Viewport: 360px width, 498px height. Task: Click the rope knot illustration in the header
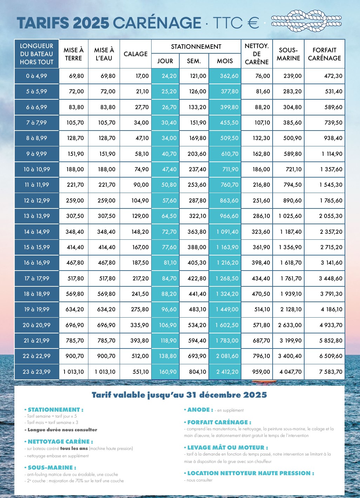click(306, 21)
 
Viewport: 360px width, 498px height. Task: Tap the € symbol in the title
click(252, 23)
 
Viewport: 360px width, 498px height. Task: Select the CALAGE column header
click(135, 54)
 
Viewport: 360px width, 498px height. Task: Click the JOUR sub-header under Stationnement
click(165, 61)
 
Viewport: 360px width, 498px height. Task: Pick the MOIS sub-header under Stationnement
click(225, 61)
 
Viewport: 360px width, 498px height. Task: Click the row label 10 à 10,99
click(37, 170)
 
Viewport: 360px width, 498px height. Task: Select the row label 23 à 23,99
click(37, 372)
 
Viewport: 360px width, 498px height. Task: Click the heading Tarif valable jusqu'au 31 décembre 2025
click(179, 395)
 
